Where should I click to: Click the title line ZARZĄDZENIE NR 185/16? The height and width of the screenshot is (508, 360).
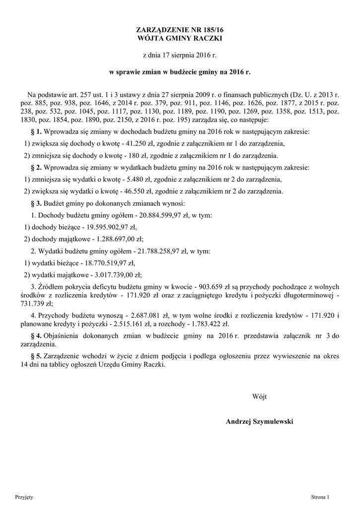(180, 30)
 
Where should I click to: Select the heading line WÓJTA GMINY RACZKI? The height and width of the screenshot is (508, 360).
(180, 38)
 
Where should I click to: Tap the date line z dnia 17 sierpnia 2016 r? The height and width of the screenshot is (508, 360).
(180, 55)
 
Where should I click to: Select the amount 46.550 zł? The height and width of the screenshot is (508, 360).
(138, 191)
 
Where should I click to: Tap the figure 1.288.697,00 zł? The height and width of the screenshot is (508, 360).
(112, 239)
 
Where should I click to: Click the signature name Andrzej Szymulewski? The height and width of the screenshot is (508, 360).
(259, 421)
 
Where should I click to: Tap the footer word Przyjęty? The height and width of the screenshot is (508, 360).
(25, 497)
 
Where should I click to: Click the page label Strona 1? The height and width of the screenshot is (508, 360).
(320, 497)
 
